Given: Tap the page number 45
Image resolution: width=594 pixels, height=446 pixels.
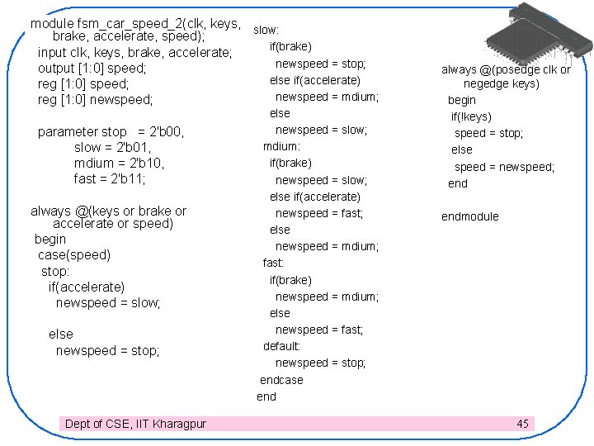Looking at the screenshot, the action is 522,424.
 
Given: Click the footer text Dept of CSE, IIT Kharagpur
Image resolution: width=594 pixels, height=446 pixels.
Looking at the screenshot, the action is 135,424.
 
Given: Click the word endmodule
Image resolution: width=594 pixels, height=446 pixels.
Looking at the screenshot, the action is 470,216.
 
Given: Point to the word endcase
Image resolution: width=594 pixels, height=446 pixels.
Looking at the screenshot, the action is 281,380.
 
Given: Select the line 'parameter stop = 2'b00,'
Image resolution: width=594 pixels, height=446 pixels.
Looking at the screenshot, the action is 111,131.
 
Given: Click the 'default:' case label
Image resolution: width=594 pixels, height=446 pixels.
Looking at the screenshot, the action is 281,346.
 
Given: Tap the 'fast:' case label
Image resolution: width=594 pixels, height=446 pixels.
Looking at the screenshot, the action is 273,263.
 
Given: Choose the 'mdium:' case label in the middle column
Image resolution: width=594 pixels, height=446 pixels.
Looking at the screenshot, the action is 281,146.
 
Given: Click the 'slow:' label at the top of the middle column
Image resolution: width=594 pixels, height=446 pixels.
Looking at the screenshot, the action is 266,30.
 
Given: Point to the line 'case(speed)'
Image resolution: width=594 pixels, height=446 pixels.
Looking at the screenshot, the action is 74,254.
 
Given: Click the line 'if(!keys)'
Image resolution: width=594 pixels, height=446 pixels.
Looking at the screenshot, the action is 471,116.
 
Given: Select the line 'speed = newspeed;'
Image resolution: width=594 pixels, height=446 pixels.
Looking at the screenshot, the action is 504,167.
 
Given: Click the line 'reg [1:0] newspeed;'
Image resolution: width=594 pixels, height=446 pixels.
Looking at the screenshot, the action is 96,100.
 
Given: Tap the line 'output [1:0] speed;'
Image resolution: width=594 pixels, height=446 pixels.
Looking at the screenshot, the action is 92,69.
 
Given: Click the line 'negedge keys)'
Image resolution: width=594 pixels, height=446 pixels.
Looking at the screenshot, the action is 502,83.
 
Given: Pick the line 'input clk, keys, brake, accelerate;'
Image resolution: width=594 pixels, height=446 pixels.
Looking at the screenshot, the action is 135,53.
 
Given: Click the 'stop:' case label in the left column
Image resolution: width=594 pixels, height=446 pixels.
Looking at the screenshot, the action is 55,271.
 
